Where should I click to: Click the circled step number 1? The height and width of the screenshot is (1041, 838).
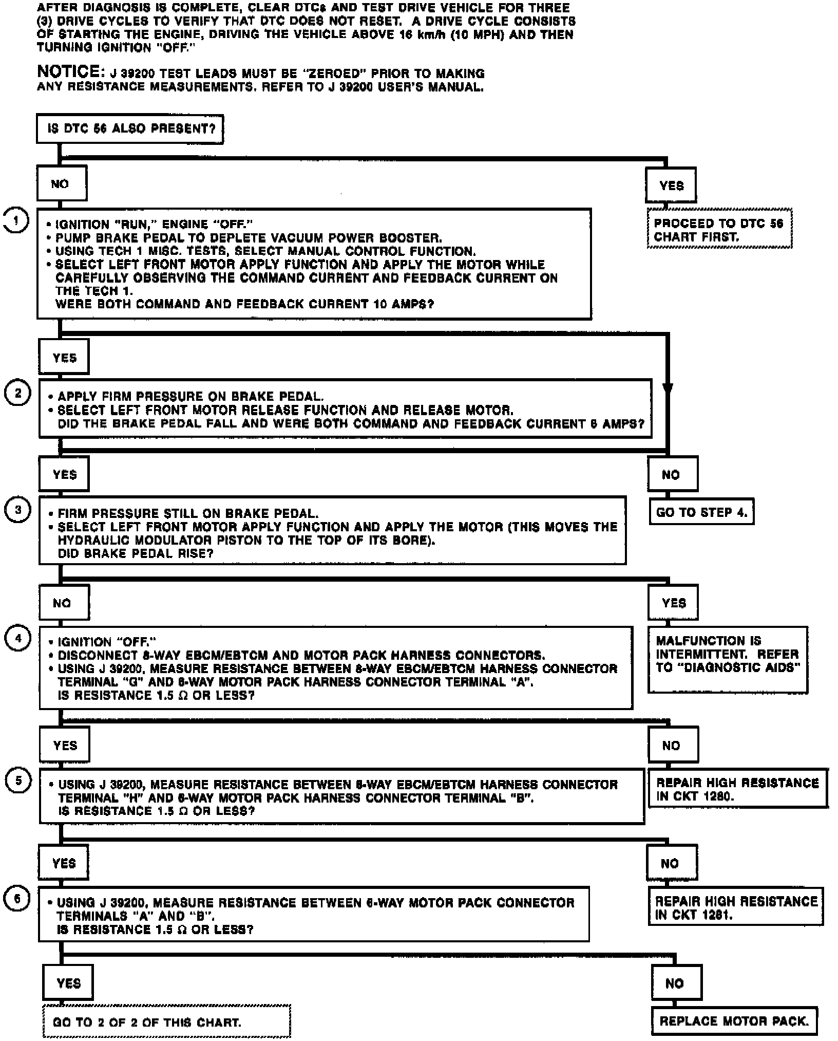[16, 221]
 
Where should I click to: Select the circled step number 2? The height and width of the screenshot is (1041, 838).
[18, 393]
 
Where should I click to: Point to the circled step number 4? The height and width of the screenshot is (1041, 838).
[18, 639]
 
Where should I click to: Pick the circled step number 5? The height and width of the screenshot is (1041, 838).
[18, 780]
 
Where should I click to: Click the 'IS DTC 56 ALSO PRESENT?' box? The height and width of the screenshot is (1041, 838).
[130, 128]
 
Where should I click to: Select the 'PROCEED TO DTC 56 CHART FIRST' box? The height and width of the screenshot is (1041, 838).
[719, 229]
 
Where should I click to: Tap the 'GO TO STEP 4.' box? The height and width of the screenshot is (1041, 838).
[701, 512]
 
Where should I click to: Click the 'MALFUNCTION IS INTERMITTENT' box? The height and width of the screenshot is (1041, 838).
[727, 659]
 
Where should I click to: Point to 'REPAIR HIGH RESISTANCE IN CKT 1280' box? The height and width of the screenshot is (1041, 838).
[737, 789]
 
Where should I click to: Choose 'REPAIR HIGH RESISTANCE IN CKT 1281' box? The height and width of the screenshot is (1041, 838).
[735, 907]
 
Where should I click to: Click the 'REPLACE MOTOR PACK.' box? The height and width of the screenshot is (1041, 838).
[734, 1021]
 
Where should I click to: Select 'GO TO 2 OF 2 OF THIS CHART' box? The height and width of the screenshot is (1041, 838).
[166, 1021]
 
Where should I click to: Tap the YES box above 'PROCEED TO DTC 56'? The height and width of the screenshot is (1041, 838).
[671, 185]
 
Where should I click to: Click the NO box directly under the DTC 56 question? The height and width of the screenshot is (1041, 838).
[61, 183]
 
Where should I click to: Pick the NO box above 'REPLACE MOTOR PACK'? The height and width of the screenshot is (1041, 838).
[676, 983]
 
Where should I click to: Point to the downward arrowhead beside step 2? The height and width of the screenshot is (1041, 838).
[668, 389]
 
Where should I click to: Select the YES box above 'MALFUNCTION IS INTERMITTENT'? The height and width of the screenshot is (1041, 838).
[673, 602]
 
